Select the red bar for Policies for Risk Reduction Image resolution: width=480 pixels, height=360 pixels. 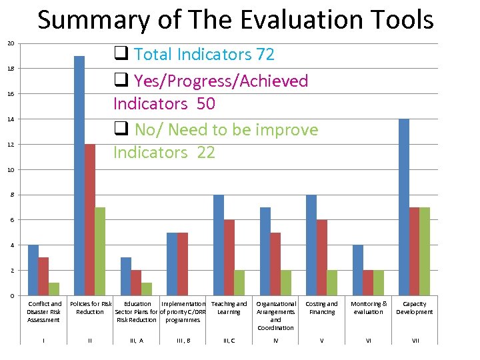(90, 220)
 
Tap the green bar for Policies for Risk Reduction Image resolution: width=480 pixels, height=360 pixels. (100, 251)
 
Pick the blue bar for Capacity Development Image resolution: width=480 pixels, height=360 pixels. (403, 207)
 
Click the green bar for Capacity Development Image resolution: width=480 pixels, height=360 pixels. (424, 251)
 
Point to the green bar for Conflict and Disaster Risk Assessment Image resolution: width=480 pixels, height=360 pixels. (54, 289)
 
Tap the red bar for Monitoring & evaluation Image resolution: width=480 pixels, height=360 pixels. (368, 283)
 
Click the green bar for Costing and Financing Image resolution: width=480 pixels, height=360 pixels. (332, 283)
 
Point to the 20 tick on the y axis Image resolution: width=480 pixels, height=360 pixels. (10, 44)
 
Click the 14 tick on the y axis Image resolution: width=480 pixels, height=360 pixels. (10, 119)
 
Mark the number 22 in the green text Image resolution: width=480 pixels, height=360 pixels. (205, 153)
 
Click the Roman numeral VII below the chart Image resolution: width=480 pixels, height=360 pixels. (415, 341)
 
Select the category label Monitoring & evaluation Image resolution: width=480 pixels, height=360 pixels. (369, 308)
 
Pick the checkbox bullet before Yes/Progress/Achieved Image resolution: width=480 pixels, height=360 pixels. (121, 81)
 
